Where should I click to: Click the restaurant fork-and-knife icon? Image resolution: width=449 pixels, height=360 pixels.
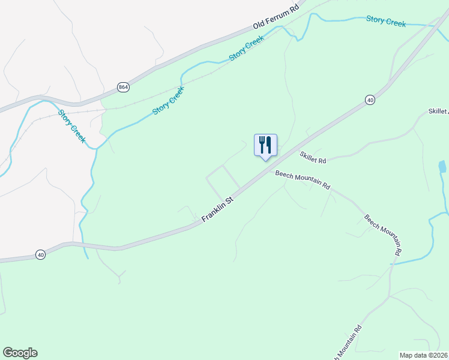click(x=265, y=145)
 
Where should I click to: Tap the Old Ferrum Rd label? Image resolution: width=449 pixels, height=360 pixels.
click(x=276, y=18)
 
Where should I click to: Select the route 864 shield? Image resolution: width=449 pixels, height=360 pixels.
click(x=123, y=87)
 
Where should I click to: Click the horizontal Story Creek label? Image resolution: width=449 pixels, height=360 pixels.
click(x=386, y=21)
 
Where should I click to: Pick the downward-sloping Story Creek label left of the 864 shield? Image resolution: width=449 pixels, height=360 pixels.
click(x=72, y=126)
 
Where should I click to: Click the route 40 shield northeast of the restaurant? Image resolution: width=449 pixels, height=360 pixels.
click(x=369, y=100)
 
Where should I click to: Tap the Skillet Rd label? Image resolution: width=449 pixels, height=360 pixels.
click(x=313, y=158)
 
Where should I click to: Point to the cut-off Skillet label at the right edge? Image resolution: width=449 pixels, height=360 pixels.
click(x=438, y=112)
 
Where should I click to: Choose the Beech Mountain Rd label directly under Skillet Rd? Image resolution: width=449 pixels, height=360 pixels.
click(x=303, y=179)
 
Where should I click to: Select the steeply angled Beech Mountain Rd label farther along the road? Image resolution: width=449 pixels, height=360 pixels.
click(x=382, y=235)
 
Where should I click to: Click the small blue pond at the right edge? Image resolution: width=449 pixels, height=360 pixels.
click(x=442, y=167)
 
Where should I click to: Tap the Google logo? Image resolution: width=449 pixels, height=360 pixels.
click(x=20, y=353)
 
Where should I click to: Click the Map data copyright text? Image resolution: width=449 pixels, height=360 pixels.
click(x=423, y=355)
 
